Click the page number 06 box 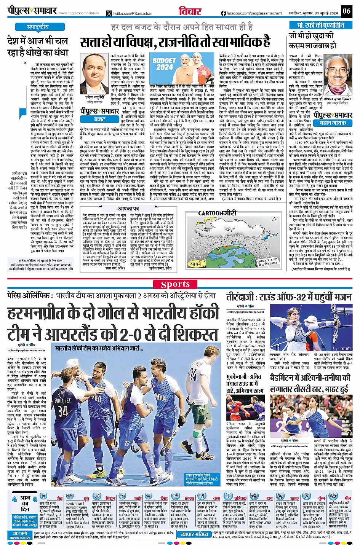pos(346,11)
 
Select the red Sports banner pos(175,284)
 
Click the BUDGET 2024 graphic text pos(164,64)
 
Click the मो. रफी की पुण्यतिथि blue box pos(321,25)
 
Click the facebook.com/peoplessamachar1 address pos(251,13)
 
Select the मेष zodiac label pos(60,498)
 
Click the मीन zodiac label pos(347,498)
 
